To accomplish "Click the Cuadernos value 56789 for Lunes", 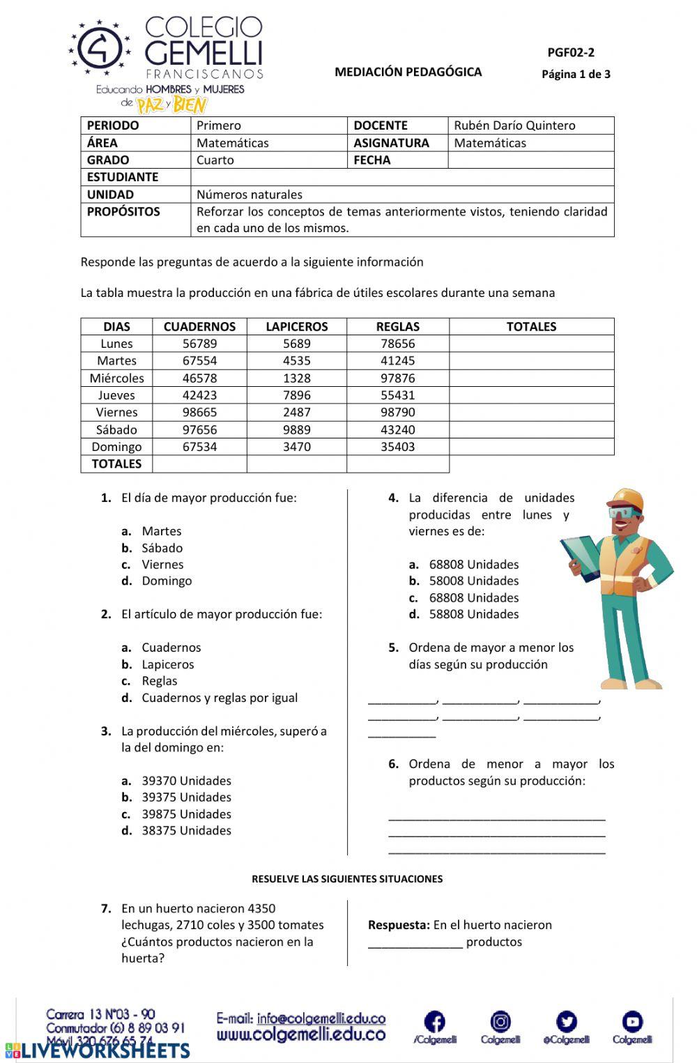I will [199, 344].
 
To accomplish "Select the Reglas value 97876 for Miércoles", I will [397, 378].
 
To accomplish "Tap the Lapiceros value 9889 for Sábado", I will [296, 429].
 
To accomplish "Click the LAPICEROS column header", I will [296, 326].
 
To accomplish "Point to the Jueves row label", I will [116, 395].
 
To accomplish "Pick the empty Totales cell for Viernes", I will [531, 412].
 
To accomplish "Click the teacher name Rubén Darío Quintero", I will [514, 125].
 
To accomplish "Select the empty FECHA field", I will [530, 160].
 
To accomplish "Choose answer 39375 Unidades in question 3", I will [186, 797].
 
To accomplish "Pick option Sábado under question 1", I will [162, 548].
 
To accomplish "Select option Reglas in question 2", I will [159, 681].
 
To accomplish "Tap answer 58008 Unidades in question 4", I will [474, 581].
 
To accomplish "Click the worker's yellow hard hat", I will [625, 498].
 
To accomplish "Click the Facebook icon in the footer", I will [434, 1023].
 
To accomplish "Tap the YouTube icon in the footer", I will [632, 1022].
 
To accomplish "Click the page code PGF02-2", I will [571, 52].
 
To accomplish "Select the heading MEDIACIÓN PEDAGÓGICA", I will [408, 72].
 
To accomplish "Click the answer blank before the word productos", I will [415, 942].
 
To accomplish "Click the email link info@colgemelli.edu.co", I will [321, 1018].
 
